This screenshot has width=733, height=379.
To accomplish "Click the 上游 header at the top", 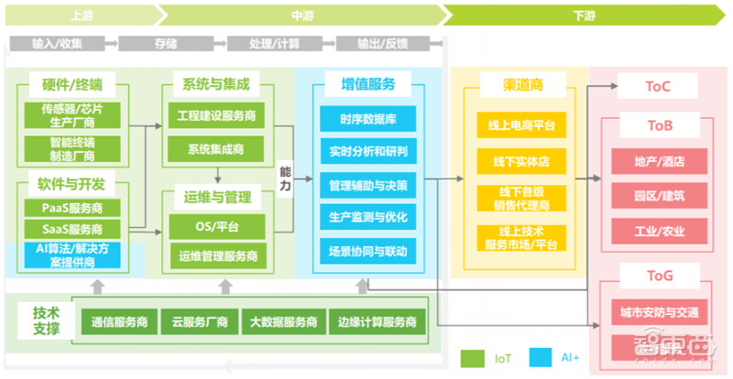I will coord(81,15).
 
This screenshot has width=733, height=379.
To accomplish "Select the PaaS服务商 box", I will coord(72,209).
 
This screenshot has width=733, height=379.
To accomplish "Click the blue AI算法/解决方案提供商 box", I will coord(72,255).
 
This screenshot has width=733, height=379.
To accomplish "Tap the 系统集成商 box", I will coord(217,148).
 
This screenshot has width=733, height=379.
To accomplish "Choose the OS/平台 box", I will coord(217,225).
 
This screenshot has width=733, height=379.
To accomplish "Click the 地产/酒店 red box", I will coord(659,161).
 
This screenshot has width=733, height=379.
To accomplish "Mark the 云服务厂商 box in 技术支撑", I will coord(200,322).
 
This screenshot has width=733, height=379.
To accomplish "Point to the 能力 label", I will coord(285,179).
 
